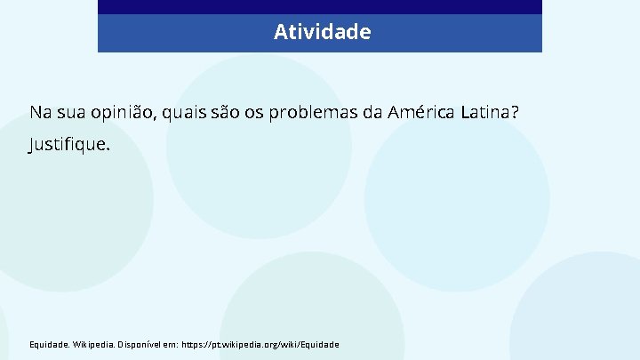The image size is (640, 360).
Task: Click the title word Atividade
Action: coord(322,33)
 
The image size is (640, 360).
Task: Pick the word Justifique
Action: coord(68,144)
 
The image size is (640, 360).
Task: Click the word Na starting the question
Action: coord(40,113)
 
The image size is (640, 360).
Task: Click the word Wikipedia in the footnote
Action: coord(92,344)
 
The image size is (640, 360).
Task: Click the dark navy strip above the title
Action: coord(320,7)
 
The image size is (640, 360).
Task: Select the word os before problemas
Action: coord(256,113)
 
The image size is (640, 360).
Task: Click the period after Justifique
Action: coord(108,147)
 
